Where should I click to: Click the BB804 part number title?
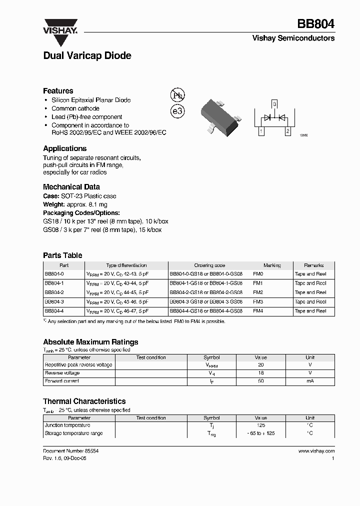click(x=316, y=24)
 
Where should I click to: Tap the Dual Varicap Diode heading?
click(x=87, y=56)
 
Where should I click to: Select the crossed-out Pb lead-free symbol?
click(x=177, y=95)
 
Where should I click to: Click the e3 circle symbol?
click(x=177, y=111)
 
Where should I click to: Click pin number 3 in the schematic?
click(x=274, y=103)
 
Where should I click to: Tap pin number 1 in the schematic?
click(x=260, y=131)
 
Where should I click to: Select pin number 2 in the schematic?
click(x=287, y=131)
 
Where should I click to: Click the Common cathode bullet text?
click(x=75, y=108)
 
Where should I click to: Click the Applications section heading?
click(x=64, y=148)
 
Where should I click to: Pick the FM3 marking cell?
click(x=258, y=301)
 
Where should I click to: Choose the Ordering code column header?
click(x=209, y=265)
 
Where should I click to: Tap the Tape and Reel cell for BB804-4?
click(x=310, y=310)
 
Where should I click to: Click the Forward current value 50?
click(x=260, y=381)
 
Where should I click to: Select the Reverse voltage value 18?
click(x=260, y=373)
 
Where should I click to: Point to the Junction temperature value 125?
click(x=260, y=425)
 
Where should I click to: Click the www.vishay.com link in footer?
click(x=316, y=450)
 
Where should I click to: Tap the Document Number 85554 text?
click(x=70, y=450)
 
